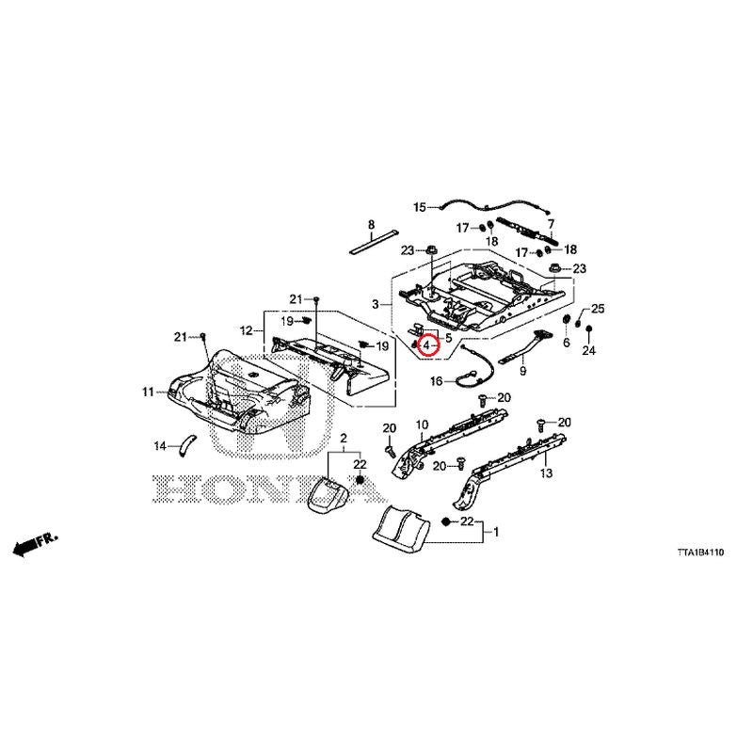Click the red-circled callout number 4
pos(426,345)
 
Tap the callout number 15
pos(420,207)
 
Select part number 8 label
pos(371,225)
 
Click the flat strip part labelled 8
pos(375,242)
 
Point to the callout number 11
pos(148,393)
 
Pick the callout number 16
pos(436,381)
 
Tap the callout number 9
pos(523,371)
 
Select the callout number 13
pos(546,473)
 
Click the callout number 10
pos(422,425)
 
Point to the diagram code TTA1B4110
pos(700,553)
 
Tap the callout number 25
pos(598,309)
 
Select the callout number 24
pos(589,350)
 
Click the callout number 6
pos(567,343)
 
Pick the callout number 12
pos(246,331)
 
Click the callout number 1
pos(496,532)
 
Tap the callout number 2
pos(344,438)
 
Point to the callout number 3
pos(376,304)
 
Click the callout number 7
pos(551,224)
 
